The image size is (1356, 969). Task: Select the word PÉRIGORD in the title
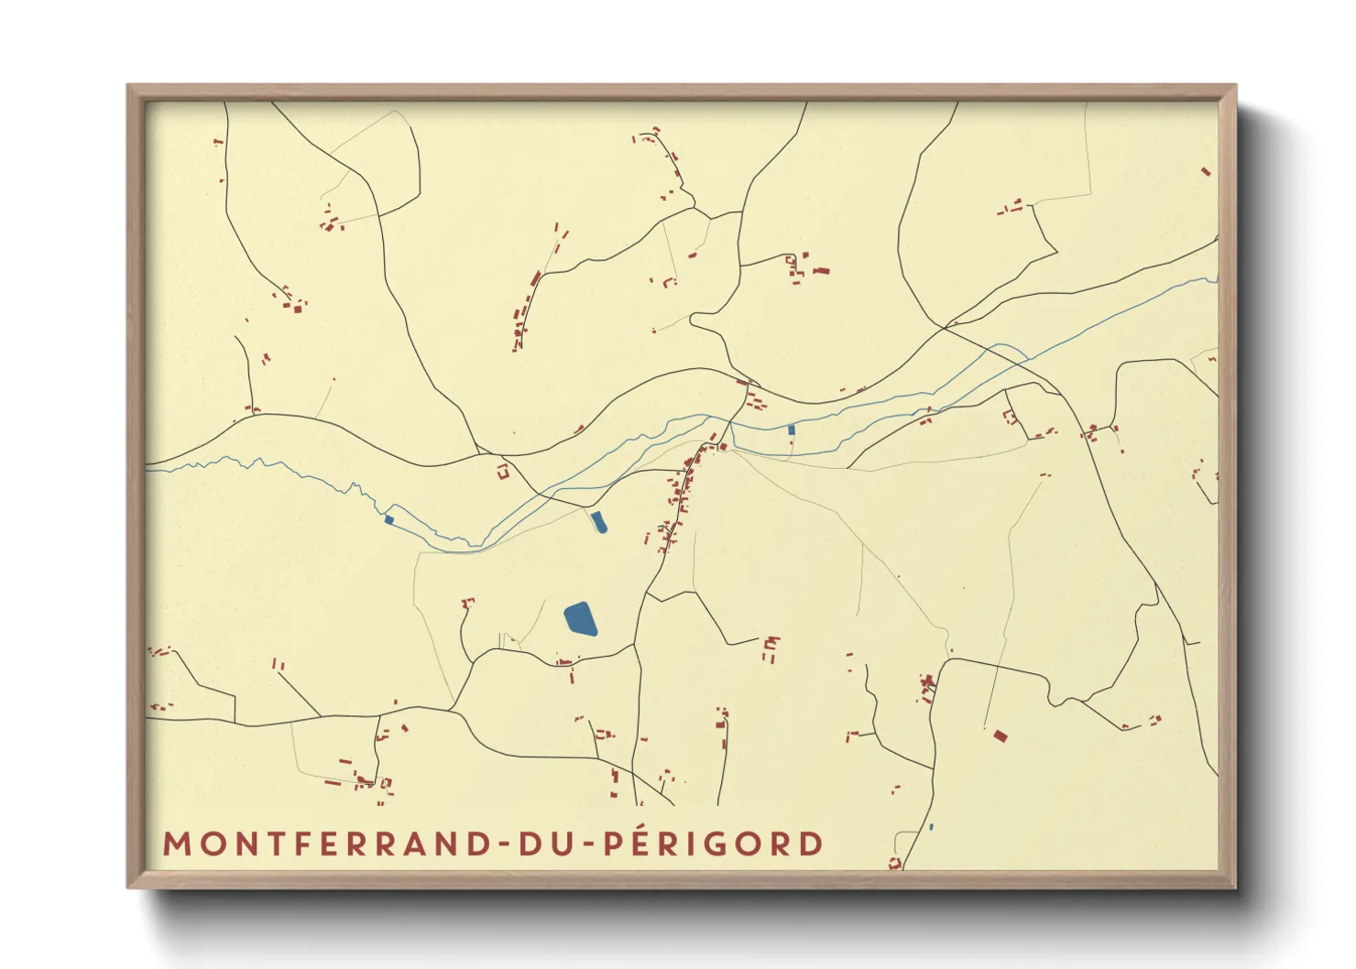pyautogui.click(x=713, y=844)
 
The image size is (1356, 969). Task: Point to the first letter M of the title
pyautogui.click(x=175, y=844)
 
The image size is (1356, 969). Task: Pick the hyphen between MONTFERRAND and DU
pyautogui.click(x=502, y=844)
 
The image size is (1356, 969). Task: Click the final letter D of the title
pyautogui.click(x=812, y=844)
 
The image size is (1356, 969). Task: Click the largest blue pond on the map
pyautogui.click(x=580, y=619)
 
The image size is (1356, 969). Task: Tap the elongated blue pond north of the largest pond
pyautogui.click(x=598, y=522)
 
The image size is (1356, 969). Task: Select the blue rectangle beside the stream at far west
pyautogui.click(x=389, y=520)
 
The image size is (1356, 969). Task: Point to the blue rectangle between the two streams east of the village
pyautogui.click(x=792, y=429)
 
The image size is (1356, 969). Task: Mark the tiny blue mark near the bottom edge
pyautogui.click(x=931, y=827)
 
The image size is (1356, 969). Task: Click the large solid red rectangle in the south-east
pyautogui.click(x=1001, y=735)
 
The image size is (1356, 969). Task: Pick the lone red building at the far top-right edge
pyautogui.click(x=1206, y=171)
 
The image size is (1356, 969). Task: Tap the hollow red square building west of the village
pyautogui.click(x=502, y=473)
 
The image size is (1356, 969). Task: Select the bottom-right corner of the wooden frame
pyautogui.click(x=1235, y=887)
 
